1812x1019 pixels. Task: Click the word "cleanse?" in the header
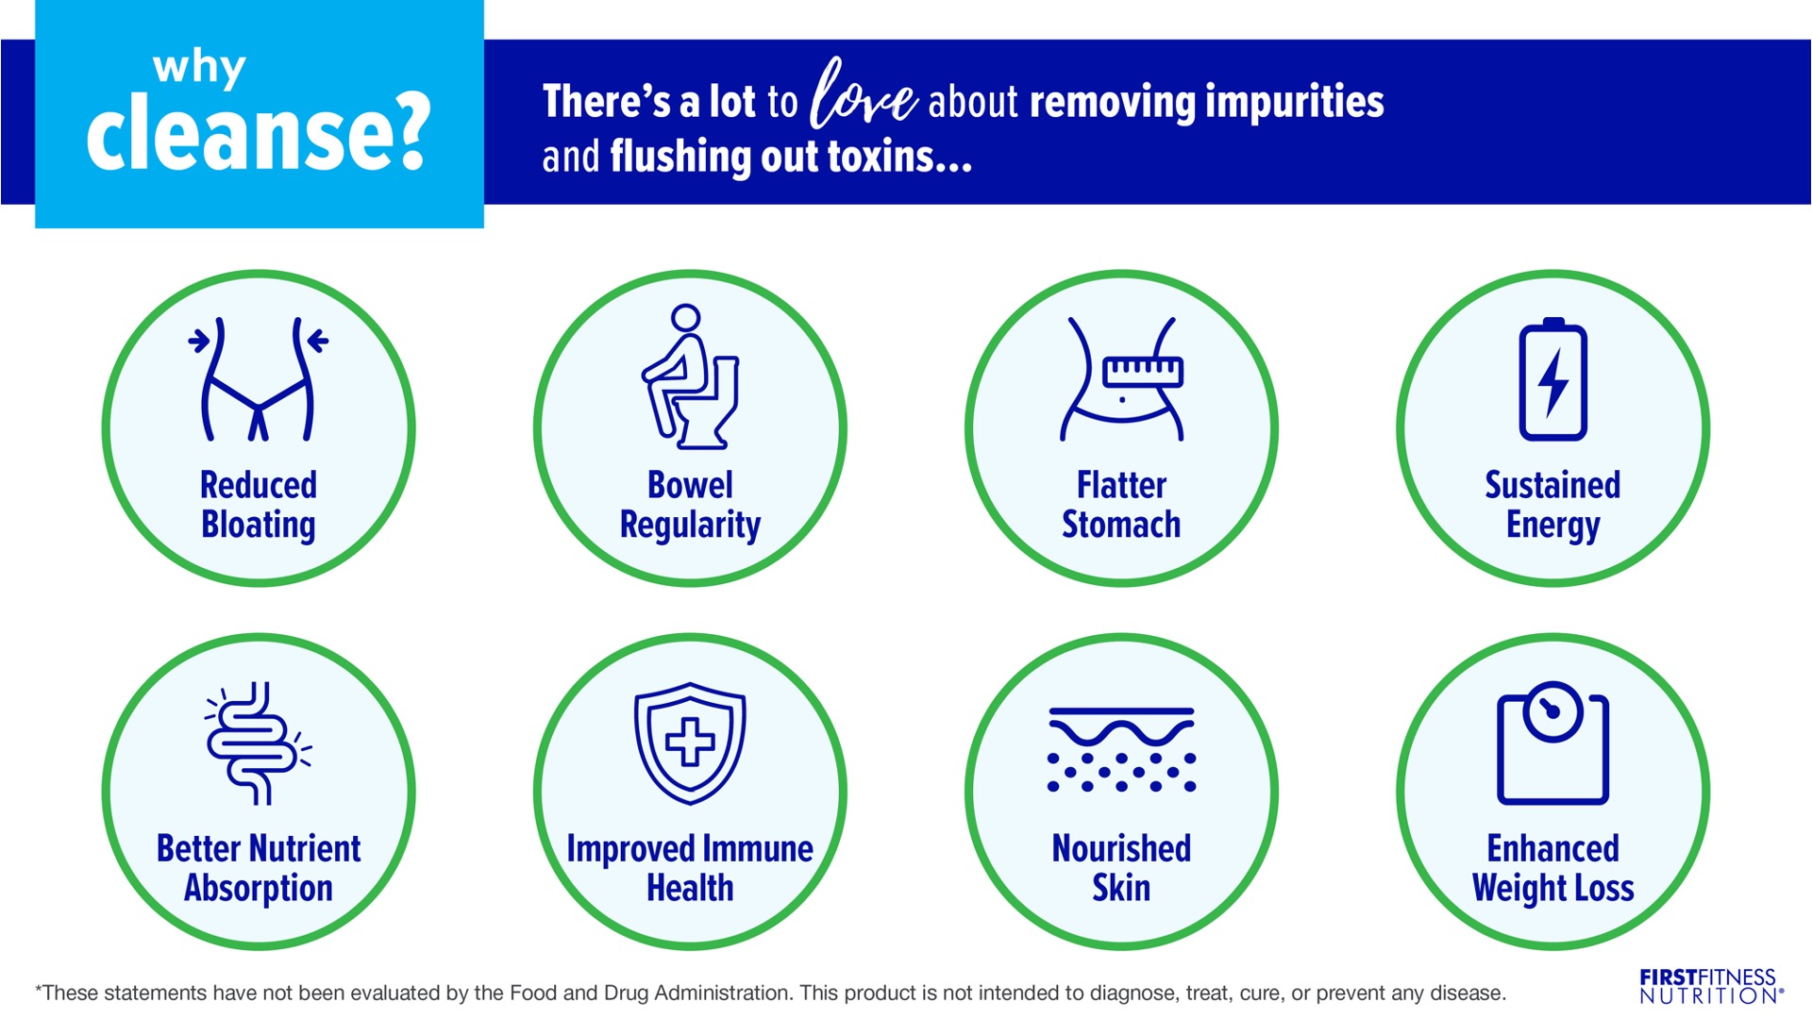click(x=259, y=134)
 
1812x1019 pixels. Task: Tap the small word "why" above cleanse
click(x=199, y=68)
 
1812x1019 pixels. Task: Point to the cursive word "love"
click(x=863, y=94)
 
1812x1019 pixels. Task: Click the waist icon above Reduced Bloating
click(x=258, y=379)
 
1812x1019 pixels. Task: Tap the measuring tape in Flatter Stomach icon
click(x=1143, y=372)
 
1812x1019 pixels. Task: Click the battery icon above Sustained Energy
click(x=1552, y=379)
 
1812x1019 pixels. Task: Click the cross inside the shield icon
click(x=690, y=742)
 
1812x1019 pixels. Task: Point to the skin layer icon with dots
click(x=1121, y=749)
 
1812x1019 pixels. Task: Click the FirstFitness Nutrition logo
click(x=1710, y=986)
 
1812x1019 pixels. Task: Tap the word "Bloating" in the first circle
click(x=259, y=525)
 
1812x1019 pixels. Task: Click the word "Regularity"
click(x=690, y=525)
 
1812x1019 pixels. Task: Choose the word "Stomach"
click(x=1121, y=524)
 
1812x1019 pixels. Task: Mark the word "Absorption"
click(x=259, y=889)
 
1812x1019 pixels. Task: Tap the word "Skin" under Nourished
click(x=1121, y=888)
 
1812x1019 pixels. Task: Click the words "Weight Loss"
click(x=1552, y=889)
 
